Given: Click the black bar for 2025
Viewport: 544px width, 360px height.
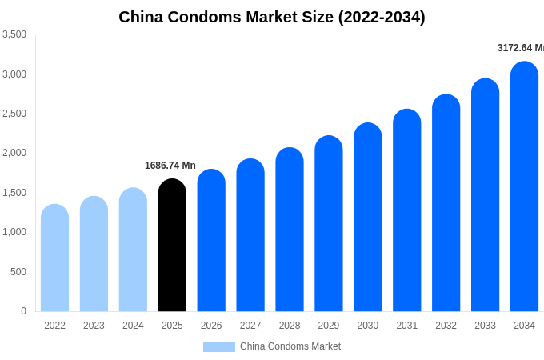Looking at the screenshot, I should tap(172, 246).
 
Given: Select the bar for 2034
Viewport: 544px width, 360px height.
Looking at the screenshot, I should tap(524, 187).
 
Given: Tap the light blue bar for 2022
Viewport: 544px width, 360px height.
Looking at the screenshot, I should tap(54, 258).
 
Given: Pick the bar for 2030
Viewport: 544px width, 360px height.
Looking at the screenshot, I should tap(368, 218).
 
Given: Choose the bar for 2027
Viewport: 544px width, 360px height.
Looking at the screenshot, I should tap(250, 235).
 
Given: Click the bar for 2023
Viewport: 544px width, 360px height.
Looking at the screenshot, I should tap(94, 254).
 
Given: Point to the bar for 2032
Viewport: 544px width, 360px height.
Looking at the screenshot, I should tap(446, 203).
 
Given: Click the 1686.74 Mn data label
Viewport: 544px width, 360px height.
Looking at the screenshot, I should tap(170, 166).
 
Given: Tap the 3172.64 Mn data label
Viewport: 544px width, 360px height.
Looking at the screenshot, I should tap(520, 48).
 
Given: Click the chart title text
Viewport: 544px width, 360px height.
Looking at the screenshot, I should tap(272, 17).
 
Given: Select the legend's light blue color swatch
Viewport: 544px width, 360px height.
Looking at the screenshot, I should tap(218, 347).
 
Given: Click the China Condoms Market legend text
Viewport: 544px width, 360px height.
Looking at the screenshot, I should tap(290, 346).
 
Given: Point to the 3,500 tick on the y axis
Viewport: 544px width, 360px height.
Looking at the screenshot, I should tap(14, 34).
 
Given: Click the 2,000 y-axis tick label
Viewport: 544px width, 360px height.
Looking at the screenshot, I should tap(14, 153).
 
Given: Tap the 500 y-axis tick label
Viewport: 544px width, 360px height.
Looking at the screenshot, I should tap(18, 272).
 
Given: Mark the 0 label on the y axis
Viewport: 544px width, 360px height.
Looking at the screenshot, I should tap(23, 311).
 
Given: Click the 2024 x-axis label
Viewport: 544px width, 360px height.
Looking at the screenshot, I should tap(133, 326).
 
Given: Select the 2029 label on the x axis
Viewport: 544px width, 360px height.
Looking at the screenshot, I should tap(329, 326).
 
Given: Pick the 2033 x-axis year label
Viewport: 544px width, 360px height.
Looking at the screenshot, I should tap(485, 326).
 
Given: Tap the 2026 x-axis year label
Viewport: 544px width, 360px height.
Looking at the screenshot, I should tap(211, 326).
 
